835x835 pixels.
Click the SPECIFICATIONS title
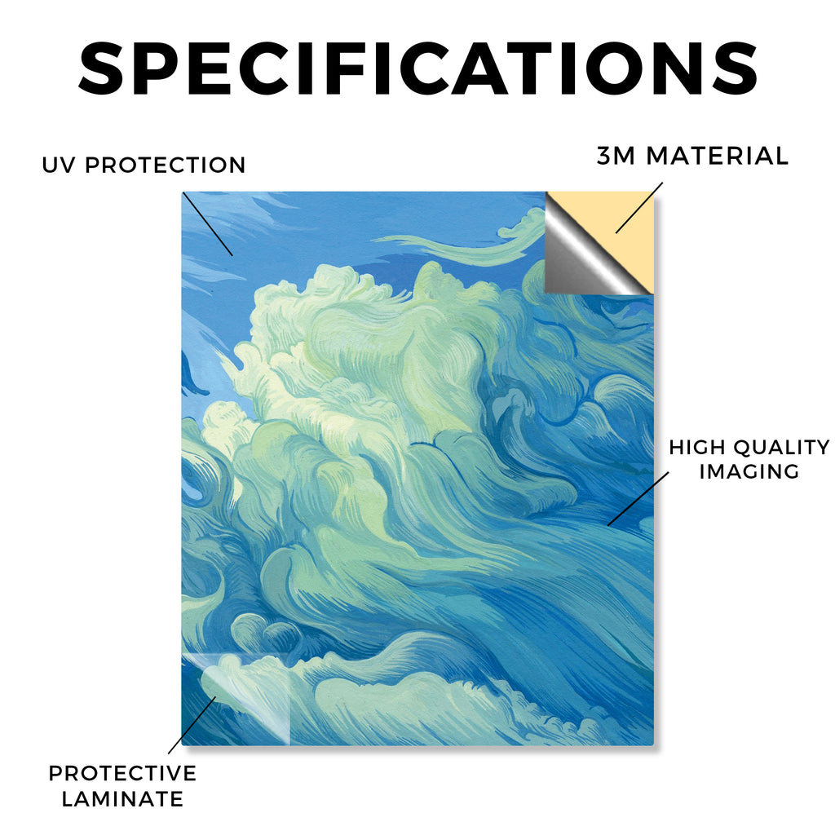coord(417,68)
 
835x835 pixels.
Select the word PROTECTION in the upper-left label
coord(165,165)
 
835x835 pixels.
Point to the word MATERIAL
coord(717,156)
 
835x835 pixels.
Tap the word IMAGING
coord(749,471)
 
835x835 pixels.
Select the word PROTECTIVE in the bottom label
coord(122,773)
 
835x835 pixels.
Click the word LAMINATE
coord(122,799)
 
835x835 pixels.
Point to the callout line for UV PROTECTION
coord(207,223)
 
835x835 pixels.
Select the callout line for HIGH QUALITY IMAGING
coord(638,498)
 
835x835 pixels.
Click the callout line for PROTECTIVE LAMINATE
coord(192,725)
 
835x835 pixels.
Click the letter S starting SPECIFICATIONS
coord(101,68)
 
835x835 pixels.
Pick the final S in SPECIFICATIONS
coord(735,68)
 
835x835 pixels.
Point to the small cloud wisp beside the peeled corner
coord(519,223)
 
